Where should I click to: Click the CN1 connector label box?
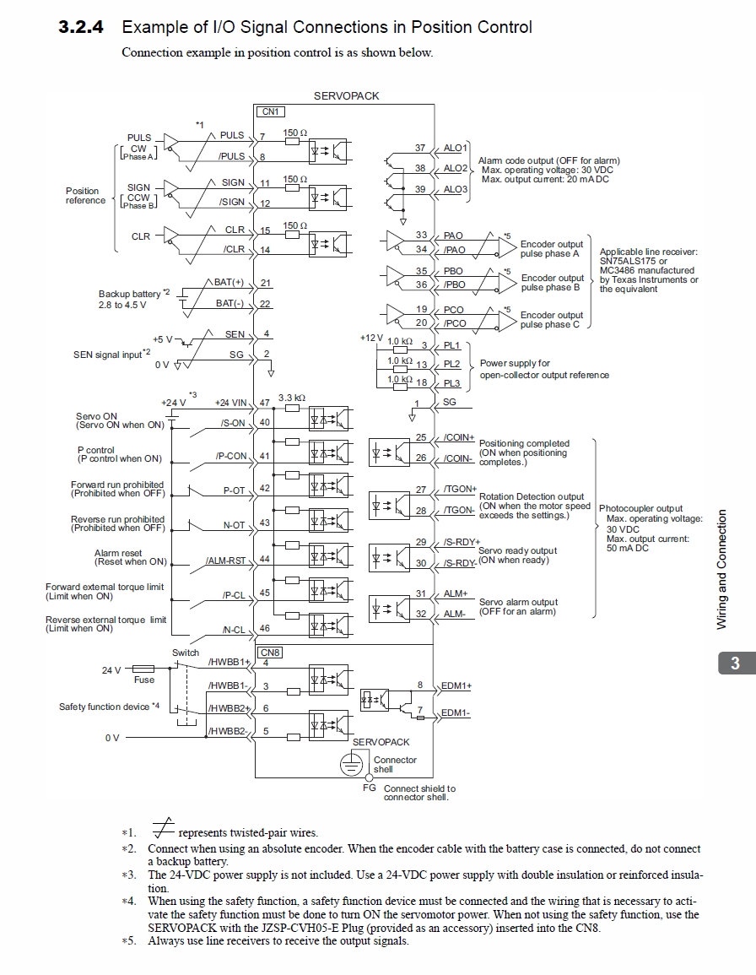point(270,111)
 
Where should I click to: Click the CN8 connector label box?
point(270,653)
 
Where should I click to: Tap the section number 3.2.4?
point(81,27)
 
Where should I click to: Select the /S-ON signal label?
point(232,422)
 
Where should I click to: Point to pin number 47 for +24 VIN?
point(265,404)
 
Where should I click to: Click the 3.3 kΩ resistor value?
point(292,397)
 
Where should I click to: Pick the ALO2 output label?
point(455,169)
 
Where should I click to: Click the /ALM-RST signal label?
point(225,560)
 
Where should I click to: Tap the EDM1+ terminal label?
point(456,685)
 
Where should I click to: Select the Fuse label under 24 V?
point(144,680)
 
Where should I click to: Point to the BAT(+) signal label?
point(229,282)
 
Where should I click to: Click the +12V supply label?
point(371,338)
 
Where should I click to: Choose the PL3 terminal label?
point(452,383)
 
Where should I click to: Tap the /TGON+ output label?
point(460,489)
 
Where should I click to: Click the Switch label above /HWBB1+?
point(186,653)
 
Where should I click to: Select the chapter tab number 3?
point(734,664)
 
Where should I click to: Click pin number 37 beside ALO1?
point(420,148)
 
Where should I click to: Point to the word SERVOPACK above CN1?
point(346,96)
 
